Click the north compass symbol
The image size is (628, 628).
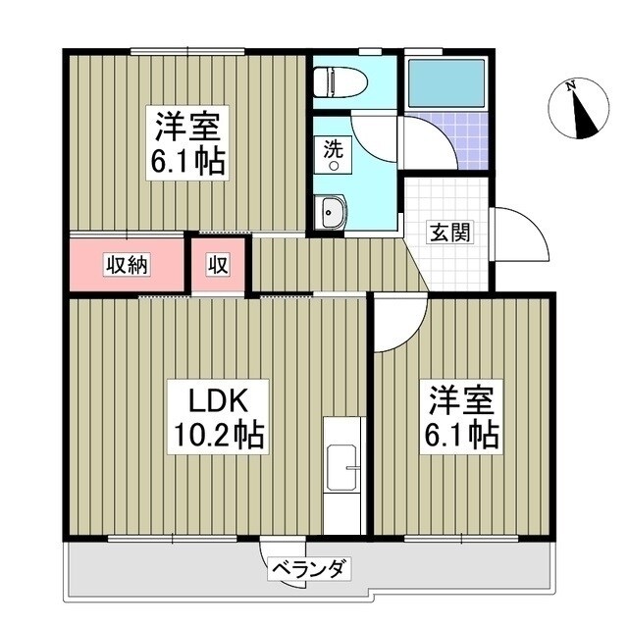click(x=580, y=110)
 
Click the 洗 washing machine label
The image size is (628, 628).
click(x=334, y=151)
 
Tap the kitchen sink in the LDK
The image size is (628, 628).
click(x=343, y=467)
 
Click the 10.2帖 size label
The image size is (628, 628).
click(x=223, y=434)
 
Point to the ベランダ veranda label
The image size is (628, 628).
click(x=311, y=570)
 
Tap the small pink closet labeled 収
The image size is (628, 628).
click(x=218, y=265)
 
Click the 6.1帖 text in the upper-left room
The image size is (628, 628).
click(x=189, y=161)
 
